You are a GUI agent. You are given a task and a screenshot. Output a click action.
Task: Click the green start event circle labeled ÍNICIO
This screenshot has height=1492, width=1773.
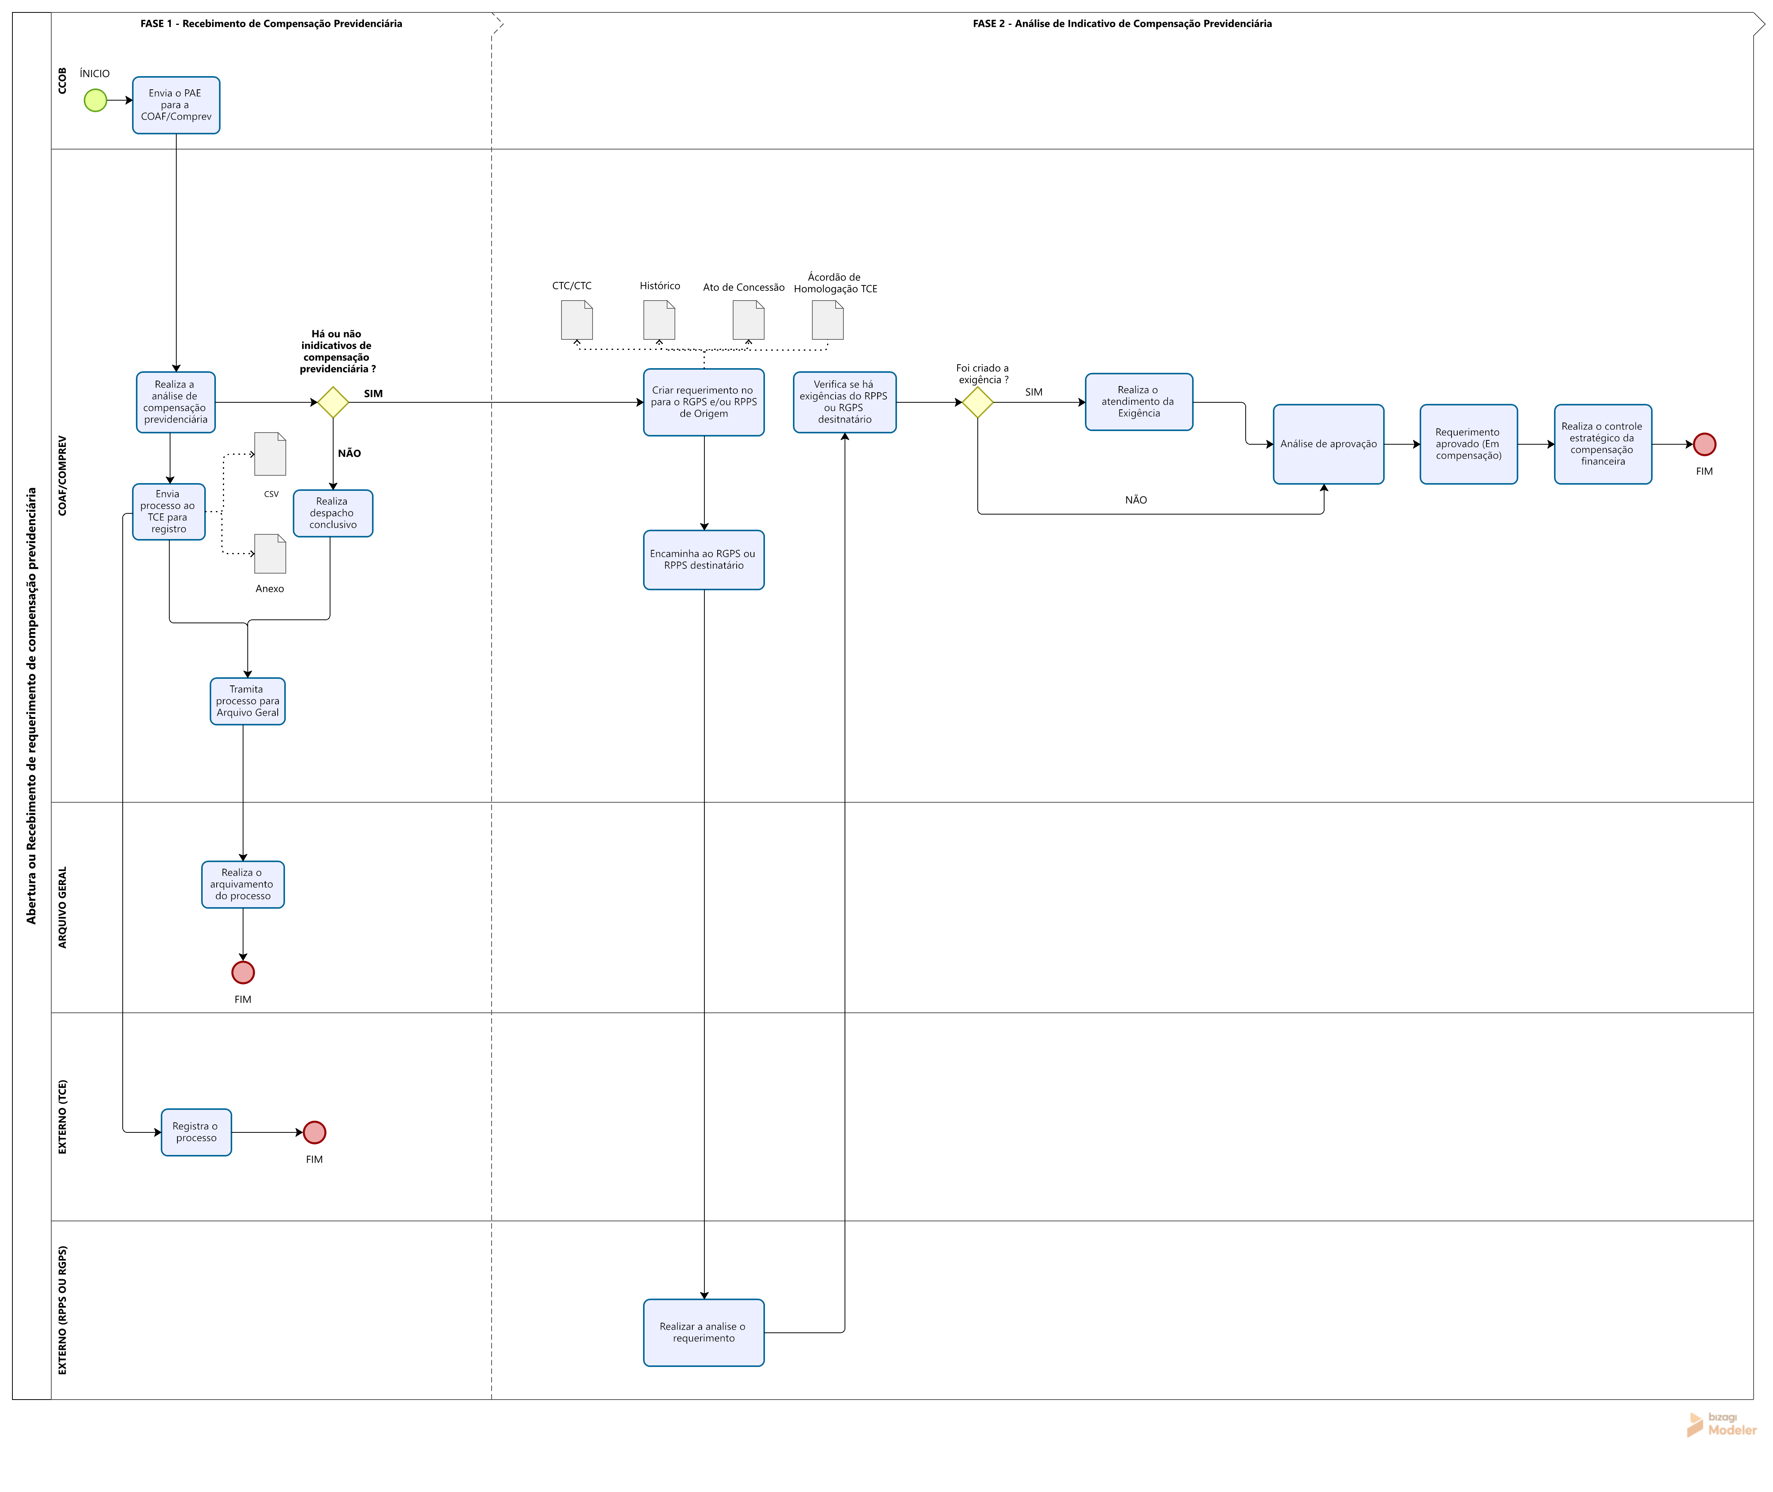coord(96,101)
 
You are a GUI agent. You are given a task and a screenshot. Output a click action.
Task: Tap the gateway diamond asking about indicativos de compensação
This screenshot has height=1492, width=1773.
coord(333,403)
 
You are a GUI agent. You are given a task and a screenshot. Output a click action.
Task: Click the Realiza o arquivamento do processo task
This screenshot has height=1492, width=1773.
coord(243,885)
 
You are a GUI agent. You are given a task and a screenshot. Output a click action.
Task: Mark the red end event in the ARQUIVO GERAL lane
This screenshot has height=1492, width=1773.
coord(243,973)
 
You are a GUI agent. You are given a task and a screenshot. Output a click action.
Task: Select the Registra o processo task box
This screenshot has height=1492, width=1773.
coord(196,1132)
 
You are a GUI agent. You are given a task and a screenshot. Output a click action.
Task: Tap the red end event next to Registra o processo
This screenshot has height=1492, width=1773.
coord(315,1132)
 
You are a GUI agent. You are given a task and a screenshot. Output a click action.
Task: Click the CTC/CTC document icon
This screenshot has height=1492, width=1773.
coord(577,320)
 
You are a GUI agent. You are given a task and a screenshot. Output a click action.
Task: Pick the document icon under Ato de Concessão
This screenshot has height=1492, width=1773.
coord(748,320)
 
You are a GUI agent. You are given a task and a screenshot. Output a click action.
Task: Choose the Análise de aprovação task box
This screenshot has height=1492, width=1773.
coord(1328,444)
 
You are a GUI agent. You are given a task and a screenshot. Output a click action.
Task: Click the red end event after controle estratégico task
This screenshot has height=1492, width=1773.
coord(1705,444)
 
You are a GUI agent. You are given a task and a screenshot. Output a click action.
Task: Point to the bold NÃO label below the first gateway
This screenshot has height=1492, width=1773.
coord(349,453)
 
